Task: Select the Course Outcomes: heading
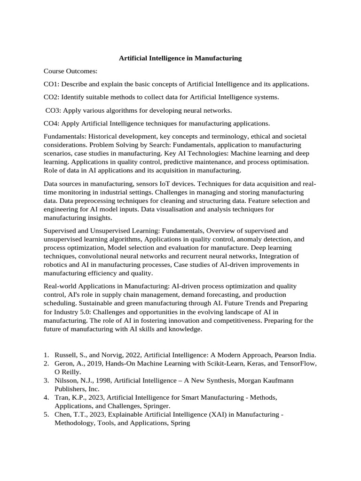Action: (71, 71)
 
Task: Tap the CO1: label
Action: (51, 84)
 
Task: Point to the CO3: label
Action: (54, 110)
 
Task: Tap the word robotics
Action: (56, 264)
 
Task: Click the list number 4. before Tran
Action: (47, 397)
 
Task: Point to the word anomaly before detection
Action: (246, 239)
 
